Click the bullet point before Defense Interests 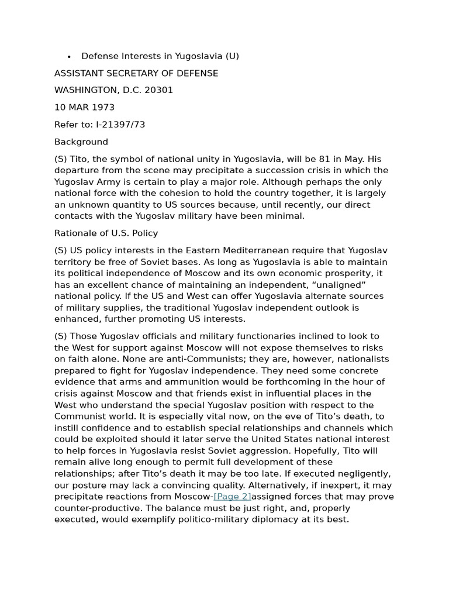(x=69, y=57)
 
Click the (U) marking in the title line (x=232, y=56)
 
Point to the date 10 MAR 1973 (x=84, y=108)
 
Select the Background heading (x=81, y=142)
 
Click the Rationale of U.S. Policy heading (x=106, y=233)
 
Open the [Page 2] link (x=232, y=497)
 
